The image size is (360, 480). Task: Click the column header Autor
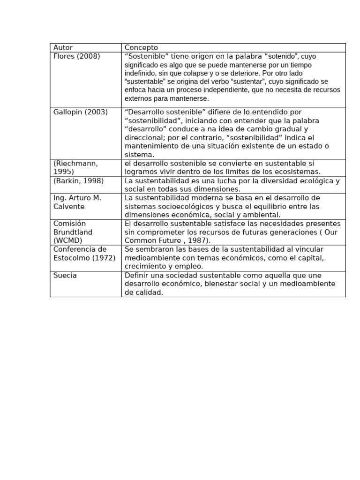63,47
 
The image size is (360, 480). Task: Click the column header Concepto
141,47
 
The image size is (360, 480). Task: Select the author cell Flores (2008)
76,56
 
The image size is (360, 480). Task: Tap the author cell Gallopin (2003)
80,112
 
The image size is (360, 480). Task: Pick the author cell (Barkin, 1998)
78,180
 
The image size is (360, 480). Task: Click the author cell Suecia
65,275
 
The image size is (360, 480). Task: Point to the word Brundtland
73,232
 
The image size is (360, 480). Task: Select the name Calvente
69,206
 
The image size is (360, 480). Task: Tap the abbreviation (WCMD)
67,240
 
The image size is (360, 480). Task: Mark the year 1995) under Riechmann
64,172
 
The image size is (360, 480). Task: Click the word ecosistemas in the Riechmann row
294,172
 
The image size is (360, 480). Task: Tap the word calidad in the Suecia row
148,292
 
